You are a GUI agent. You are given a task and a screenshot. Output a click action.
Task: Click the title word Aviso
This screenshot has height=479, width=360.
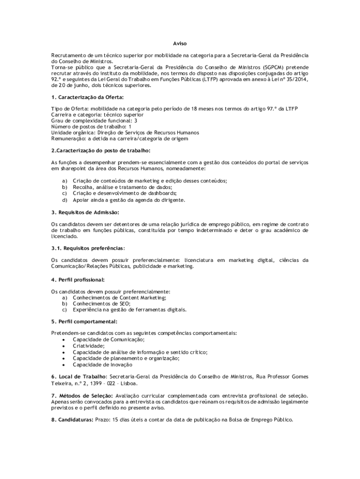coord(180,44)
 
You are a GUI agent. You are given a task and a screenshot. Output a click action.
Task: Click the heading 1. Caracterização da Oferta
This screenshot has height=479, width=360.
coord(87,97)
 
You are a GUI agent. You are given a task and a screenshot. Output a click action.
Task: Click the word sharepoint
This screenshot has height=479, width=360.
coord(72,168)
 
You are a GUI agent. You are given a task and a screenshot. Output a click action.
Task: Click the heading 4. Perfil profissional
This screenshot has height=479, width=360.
coord(78,279)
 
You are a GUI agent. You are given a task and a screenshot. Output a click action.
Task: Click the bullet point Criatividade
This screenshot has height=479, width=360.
coord(88,346)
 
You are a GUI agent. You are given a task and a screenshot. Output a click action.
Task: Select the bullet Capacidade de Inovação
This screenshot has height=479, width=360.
coord(102,364)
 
